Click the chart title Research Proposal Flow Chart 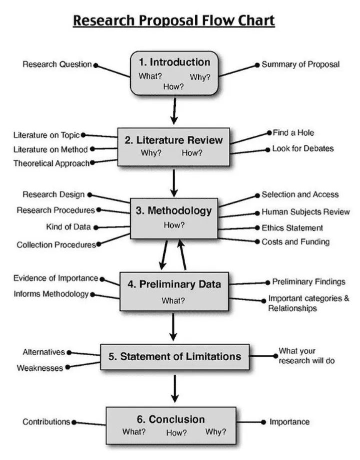[174, 21]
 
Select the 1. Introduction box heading [174, 62]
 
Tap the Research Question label [57, 64]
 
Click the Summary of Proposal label [300, 64]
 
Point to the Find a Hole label [293, 133]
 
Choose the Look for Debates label [302, 149]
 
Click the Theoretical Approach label [51, 163]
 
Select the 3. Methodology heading [174, 211]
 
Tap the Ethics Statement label [292, 228]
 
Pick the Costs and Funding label [295, 242]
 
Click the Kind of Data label [69, 227]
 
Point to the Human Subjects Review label [305, 212]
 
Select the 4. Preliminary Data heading [174, 284]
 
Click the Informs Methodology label [51, 294]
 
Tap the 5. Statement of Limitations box [175, 357]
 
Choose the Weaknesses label [40, 368]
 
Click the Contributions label [46, 422]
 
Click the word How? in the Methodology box [174, 225]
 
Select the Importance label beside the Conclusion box [289, 422]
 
